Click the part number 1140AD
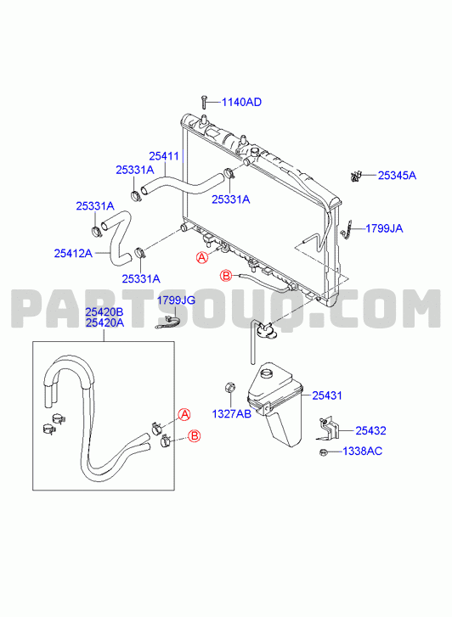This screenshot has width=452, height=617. [241, 103]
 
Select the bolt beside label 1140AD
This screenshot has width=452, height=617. [204, 102]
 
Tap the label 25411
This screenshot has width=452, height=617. [164, 156]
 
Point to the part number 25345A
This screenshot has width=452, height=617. [397, 176]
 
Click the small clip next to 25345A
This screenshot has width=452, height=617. [356, 177]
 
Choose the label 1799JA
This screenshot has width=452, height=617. [384, 228]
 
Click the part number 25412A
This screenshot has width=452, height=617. [73, 254]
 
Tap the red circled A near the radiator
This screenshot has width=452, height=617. [201, 258]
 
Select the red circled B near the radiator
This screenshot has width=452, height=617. [226, 276]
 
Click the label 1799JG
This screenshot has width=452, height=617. [176, 300]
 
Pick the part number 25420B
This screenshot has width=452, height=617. [105, 312]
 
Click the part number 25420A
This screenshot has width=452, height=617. [105, 323]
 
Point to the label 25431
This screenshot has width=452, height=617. [327, 395]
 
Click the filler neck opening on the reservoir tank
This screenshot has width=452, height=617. [268, 373]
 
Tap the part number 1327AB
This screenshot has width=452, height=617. [232, 414]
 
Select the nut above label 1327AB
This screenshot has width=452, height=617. [229, 387]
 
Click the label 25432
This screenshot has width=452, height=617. [370, 431]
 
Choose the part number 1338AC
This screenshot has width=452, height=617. [363, 452]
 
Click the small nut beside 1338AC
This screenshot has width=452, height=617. [323, 452]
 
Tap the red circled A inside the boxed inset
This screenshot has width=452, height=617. [184, 414]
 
